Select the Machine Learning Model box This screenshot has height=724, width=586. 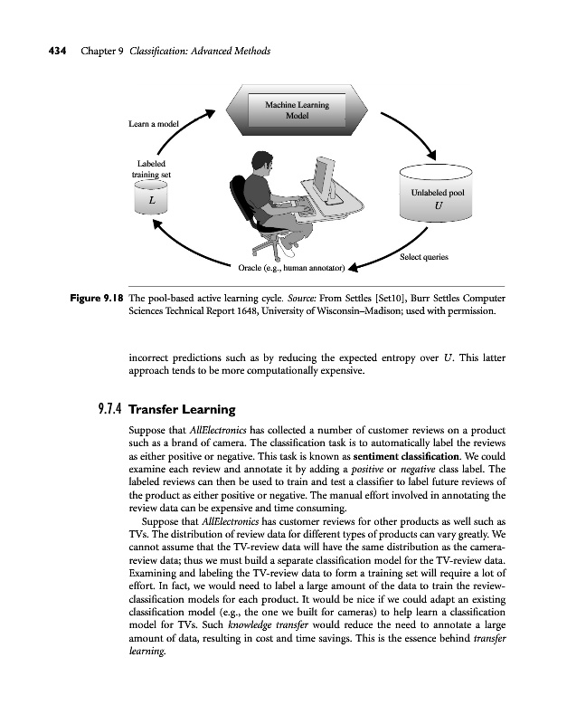297,112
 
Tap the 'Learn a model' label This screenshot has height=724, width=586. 153,123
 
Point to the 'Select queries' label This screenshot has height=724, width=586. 423,258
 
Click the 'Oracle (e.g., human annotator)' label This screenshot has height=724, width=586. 291,268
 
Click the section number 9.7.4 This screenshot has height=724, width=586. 111,409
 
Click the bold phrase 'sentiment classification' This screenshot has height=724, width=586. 417,460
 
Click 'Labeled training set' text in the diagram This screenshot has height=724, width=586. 151,168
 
